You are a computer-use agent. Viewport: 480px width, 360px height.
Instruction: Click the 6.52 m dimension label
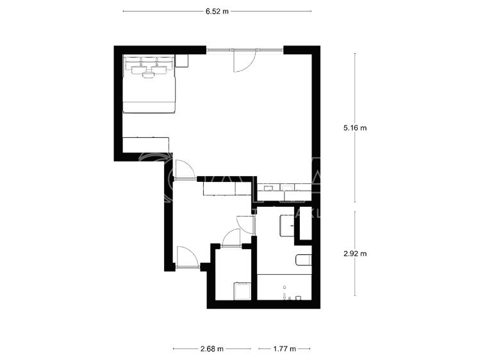217,12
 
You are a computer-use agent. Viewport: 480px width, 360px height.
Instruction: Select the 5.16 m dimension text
355,127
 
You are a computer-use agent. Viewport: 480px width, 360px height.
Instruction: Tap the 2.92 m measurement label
355,254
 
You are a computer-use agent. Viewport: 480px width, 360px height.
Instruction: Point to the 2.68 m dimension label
211,349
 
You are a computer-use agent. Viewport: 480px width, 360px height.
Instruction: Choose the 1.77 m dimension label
284,349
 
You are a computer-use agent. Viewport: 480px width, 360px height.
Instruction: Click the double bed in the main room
149,85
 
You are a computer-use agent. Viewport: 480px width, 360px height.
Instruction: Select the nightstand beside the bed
182,61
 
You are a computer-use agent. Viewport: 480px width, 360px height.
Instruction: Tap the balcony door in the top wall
244,61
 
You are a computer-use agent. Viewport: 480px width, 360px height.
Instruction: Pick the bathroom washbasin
287,225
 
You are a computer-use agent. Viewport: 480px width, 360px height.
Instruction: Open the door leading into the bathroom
246,224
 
